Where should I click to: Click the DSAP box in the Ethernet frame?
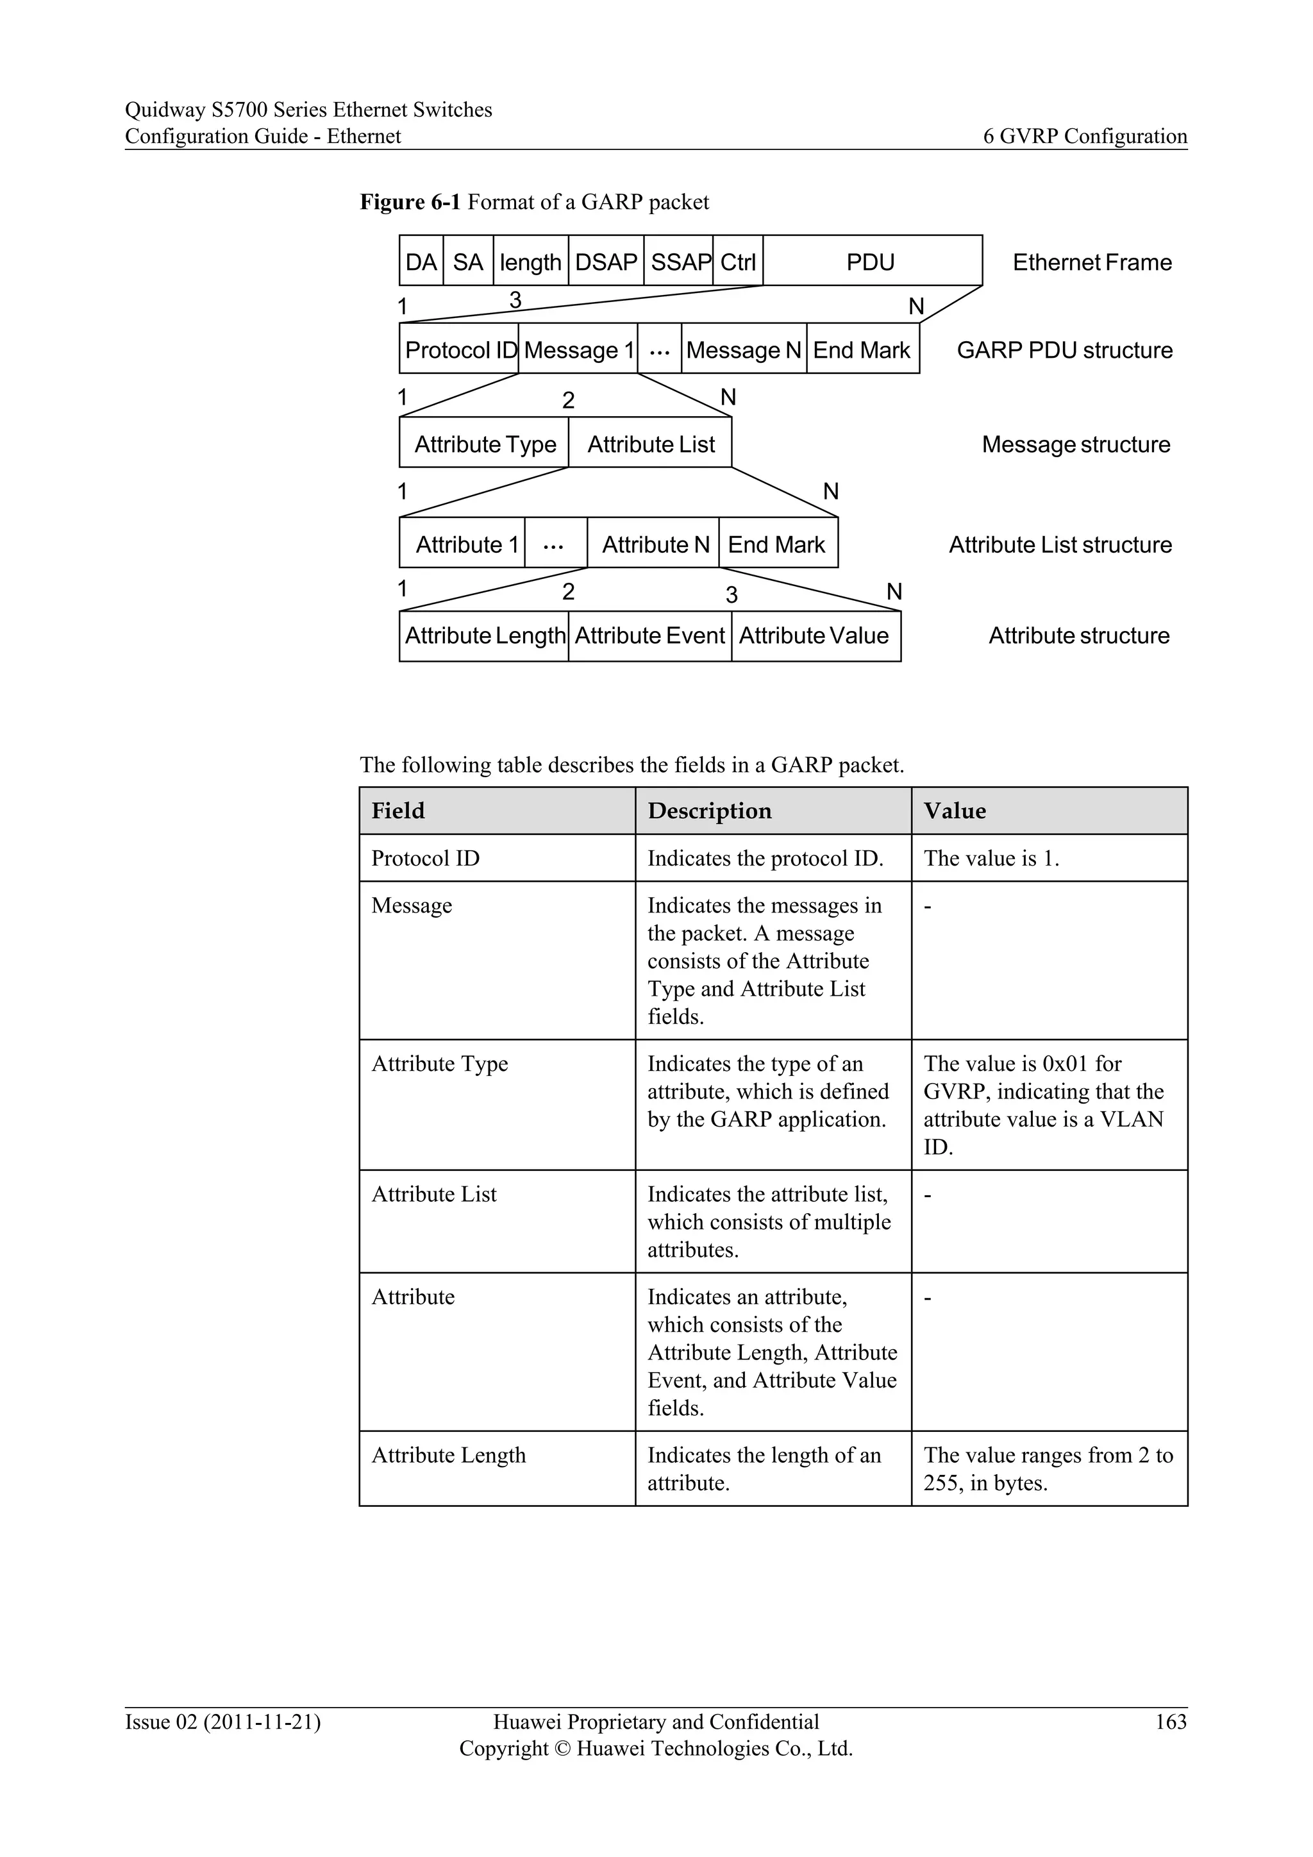coord(606,261)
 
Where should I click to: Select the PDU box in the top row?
coord(871,261)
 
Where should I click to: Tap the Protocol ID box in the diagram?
coord(459,349)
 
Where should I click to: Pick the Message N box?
coord(743,349)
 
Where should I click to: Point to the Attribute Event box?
coord(649,635)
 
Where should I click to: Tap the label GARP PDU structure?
coord(1064,349)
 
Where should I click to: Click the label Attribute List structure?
coord(1059,544)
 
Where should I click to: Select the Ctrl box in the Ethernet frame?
coord(737,261)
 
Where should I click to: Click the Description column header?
coord(709,811)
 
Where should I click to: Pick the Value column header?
coord(954,811)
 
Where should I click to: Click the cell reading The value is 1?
coord(991,857)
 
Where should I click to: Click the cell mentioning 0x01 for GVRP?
coord(1043,1104)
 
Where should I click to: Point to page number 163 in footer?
coord(1170,1721)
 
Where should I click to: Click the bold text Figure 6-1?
coord(410,201)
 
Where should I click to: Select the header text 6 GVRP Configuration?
coord(1084,136)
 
